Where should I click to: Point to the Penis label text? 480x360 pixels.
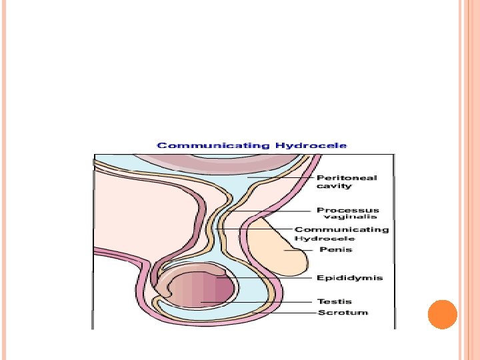click(x=335, y=249)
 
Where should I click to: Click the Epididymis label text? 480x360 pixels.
click(x=349, y=277)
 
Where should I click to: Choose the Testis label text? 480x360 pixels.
click(x=335, y=301)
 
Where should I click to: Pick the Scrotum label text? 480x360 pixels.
click(x=342, y=312)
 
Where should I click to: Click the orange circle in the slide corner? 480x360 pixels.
click(x=442, y=315)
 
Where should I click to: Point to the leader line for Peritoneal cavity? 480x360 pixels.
click(x=280, y=178)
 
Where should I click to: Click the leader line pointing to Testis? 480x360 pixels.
click(x=260, y=302)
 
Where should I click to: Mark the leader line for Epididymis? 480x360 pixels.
click(x=267, y=277)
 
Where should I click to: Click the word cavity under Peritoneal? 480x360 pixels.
click(x=334, y=186)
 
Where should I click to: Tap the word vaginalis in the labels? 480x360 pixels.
click(x=350, y=217)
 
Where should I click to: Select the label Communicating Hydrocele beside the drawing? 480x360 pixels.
click(x=341, y=233)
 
